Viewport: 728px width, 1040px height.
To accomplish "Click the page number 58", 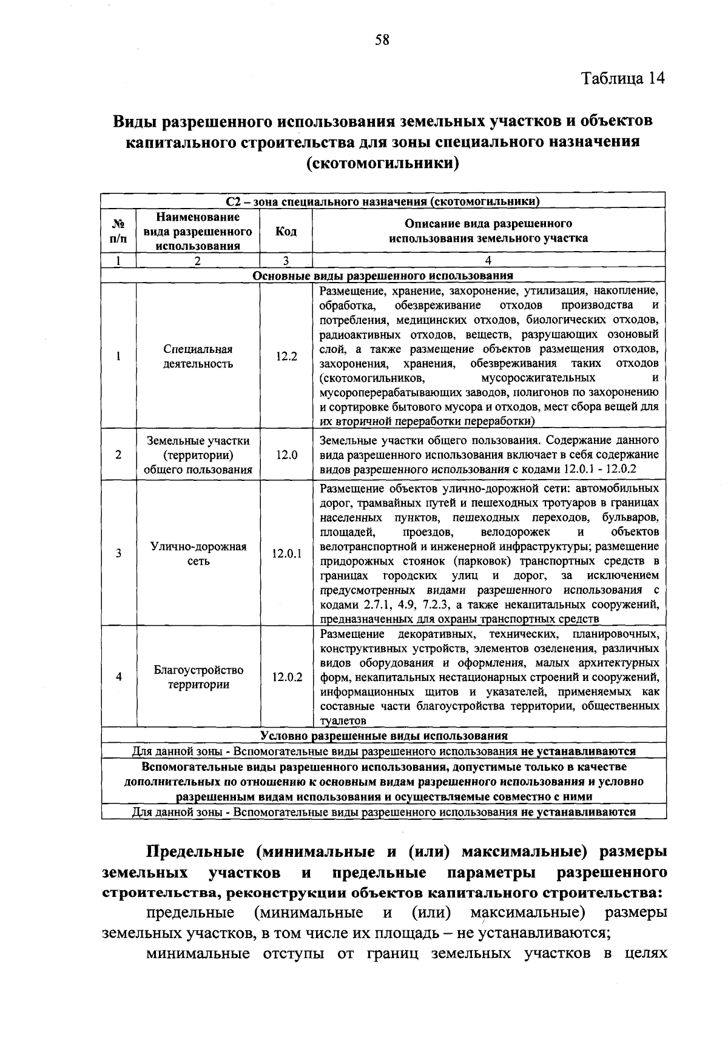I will pyautogui.click(x=382, y=41).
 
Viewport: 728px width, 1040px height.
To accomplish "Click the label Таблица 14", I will pyautogui.click(x=623, y=78).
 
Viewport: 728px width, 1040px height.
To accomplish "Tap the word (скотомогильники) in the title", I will pyautogui.click(x=382, y=164).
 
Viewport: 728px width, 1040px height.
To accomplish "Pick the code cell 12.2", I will pyautogui.click(x=286, y=357).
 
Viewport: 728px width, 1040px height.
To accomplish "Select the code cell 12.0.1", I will pyautogui.click(x=286, y=554).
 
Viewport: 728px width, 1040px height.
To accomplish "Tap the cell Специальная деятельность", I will pyautogui.click(x=198, y=357).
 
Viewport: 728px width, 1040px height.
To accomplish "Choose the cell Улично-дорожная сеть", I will pyautogui.click(x=198, y=554).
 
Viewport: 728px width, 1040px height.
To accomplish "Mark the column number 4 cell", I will pyautogui.click(x=488, y=261).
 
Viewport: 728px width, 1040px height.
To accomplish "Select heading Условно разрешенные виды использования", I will pyautogui.click(x=383, y=736).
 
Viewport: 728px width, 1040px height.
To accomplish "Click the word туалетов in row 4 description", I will pyautogui.click(x=343, y=721).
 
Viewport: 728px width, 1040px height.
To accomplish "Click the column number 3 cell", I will pyautogui.click(x=286, y=261).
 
